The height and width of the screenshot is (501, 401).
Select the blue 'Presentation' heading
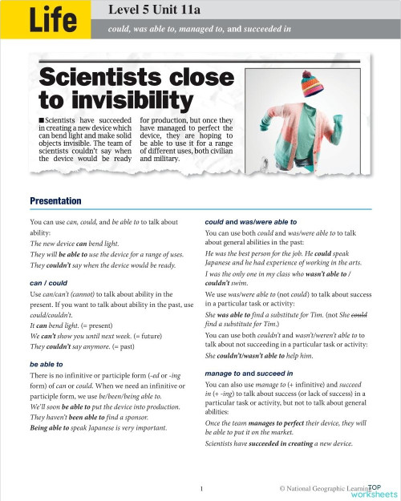(55, 200)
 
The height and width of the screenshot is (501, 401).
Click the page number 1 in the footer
(203, 487)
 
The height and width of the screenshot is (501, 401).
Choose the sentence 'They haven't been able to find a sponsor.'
(88, 418)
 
